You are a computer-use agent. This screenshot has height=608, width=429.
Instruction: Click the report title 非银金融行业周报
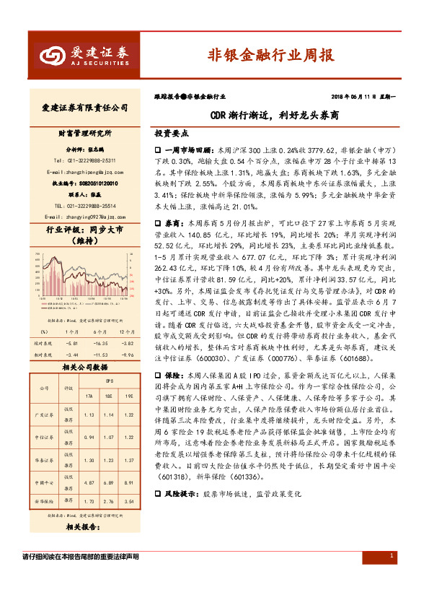click(x=270, y=54)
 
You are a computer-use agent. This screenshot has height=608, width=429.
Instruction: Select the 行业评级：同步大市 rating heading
click(x=80, y=231)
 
